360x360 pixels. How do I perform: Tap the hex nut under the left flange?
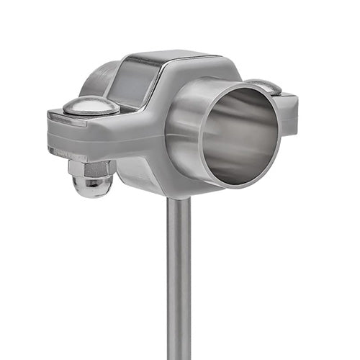91,169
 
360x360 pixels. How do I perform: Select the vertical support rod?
179,281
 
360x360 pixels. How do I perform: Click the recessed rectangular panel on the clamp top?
133,81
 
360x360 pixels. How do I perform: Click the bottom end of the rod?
179,356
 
